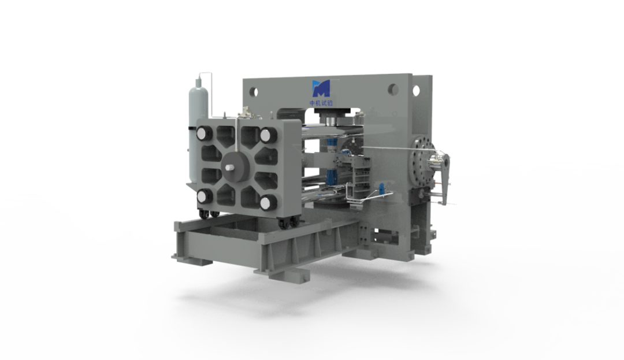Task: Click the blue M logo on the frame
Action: [321, 88]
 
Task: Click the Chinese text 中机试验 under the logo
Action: [321, 103]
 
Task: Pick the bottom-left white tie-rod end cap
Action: [204, 196]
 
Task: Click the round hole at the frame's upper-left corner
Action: [254, 92]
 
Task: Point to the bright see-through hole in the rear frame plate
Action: [416, 91]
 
